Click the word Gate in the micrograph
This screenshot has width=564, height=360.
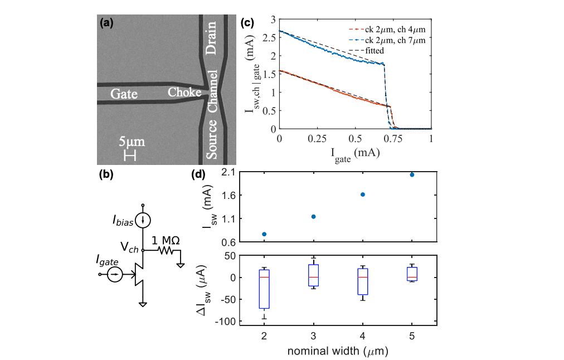coord(123,94)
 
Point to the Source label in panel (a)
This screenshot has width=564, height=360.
coord(211,142)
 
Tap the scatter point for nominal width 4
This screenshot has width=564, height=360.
coord(363,194)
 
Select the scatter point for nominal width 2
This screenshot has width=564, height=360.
coord(264,234)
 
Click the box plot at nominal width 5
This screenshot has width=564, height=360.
coord(412,273)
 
